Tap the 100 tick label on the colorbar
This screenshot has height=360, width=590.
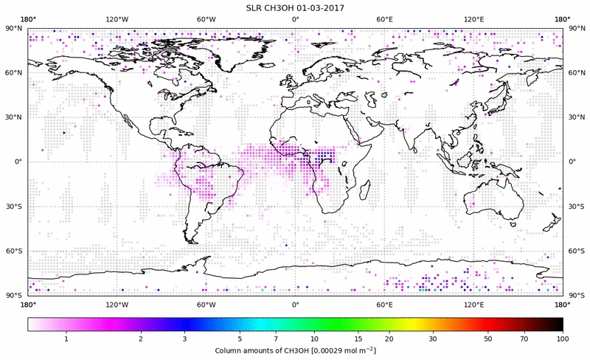[x=562, y=339]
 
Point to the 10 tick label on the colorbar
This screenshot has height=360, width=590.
[x=315, y=339]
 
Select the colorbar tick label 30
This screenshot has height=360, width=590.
[x=434, y=339]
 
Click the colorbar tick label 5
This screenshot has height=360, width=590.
[x=240, y=339]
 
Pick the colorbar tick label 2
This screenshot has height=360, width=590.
[x=140, y=339]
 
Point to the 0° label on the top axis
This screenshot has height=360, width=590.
[x=295, y=19]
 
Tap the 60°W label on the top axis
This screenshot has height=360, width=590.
[x=206, y=19]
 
